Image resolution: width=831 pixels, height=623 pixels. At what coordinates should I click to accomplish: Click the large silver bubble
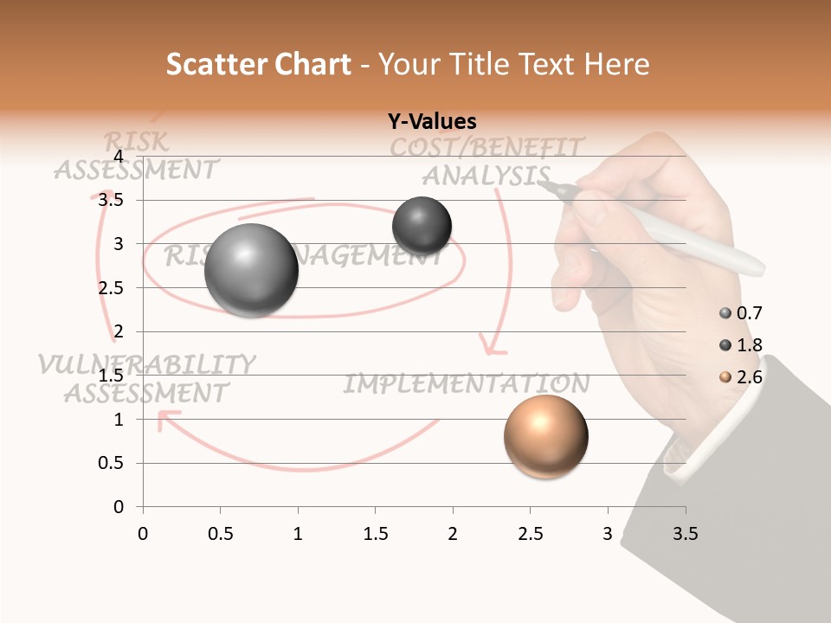click(251, 270)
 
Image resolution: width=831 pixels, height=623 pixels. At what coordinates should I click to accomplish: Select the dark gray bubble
click(422, 226)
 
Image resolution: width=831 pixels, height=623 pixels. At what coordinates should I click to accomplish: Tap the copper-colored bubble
click(545, 436)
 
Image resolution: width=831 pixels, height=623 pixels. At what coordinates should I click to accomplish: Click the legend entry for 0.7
click(741, 313)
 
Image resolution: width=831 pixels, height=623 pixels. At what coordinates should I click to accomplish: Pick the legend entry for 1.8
click(741, 345)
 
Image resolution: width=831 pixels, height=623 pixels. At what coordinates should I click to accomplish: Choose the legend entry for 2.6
click(741, 377)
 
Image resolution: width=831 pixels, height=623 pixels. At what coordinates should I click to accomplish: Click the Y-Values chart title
click(432, 122)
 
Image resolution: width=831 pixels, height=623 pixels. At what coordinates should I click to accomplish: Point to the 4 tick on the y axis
click(119, 157)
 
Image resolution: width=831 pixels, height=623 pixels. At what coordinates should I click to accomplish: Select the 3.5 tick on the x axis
click(685, 534)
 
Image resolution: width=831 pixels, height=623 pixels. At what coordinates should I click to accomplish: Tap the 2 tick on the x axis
click(453, 534)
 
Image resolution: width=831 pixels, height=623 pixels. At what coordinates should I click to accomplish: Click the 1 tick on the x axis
click(298, 534)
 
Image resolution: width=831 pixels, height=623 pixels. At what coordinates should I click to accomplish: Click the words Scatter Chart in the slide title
click(258, 64)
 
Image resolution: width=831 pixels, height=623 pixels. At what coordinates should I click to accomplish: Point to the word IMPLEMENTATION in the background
click(467, 383)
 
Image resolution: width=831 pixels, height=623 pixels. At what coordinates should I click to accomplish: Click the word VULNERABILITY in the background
click(146, 364)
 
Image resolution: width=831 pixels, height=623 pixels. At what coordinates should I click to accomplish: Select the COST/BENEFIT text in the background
click(486, 147)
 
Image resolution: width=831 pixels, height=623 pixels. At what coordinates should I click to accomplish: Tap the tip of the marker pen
click(542, 183)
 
